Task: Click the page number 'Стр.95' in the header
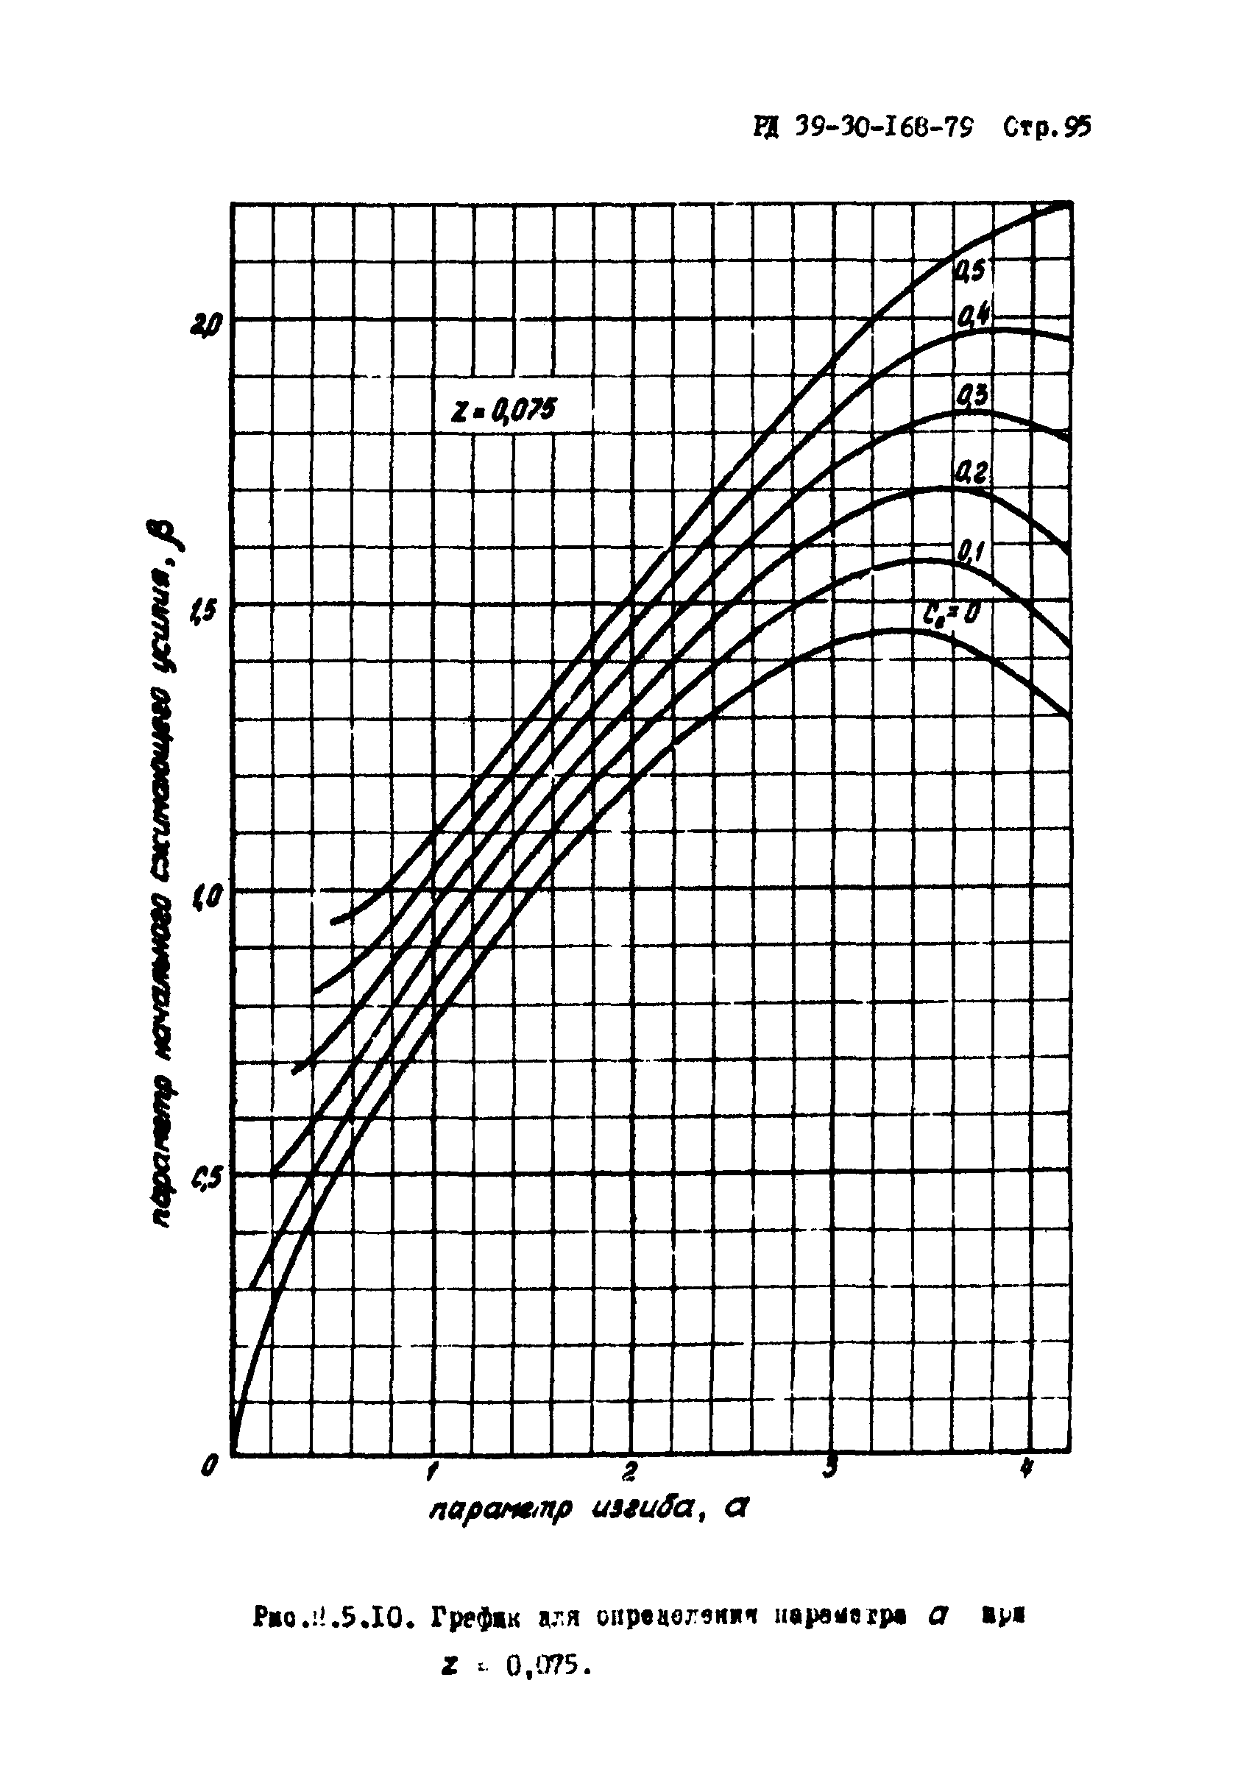point(1047,127)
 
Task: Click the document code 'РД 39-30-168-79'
point(863,127)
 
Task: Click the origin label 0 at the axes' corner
point(208,1467)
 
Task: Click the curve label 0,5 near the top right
point(969,270)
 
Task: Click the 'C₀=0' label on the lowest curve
point(951,615)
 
